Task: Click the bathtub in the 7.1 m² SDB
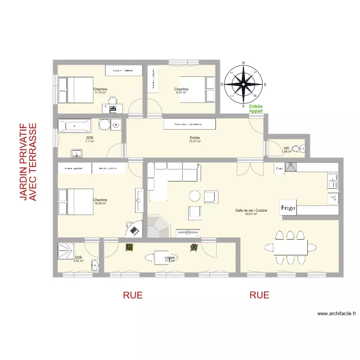74,126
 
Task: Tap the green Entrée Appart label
256,109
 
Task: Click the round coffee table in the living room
195,196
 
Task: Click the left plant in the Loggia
129,248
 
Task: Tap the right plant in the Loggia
194,247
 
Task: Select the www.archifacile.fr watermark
336,314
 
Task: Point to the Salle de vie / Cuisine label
251,212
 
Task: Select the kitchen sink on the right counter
332,181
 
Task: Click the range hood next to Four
291,167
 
